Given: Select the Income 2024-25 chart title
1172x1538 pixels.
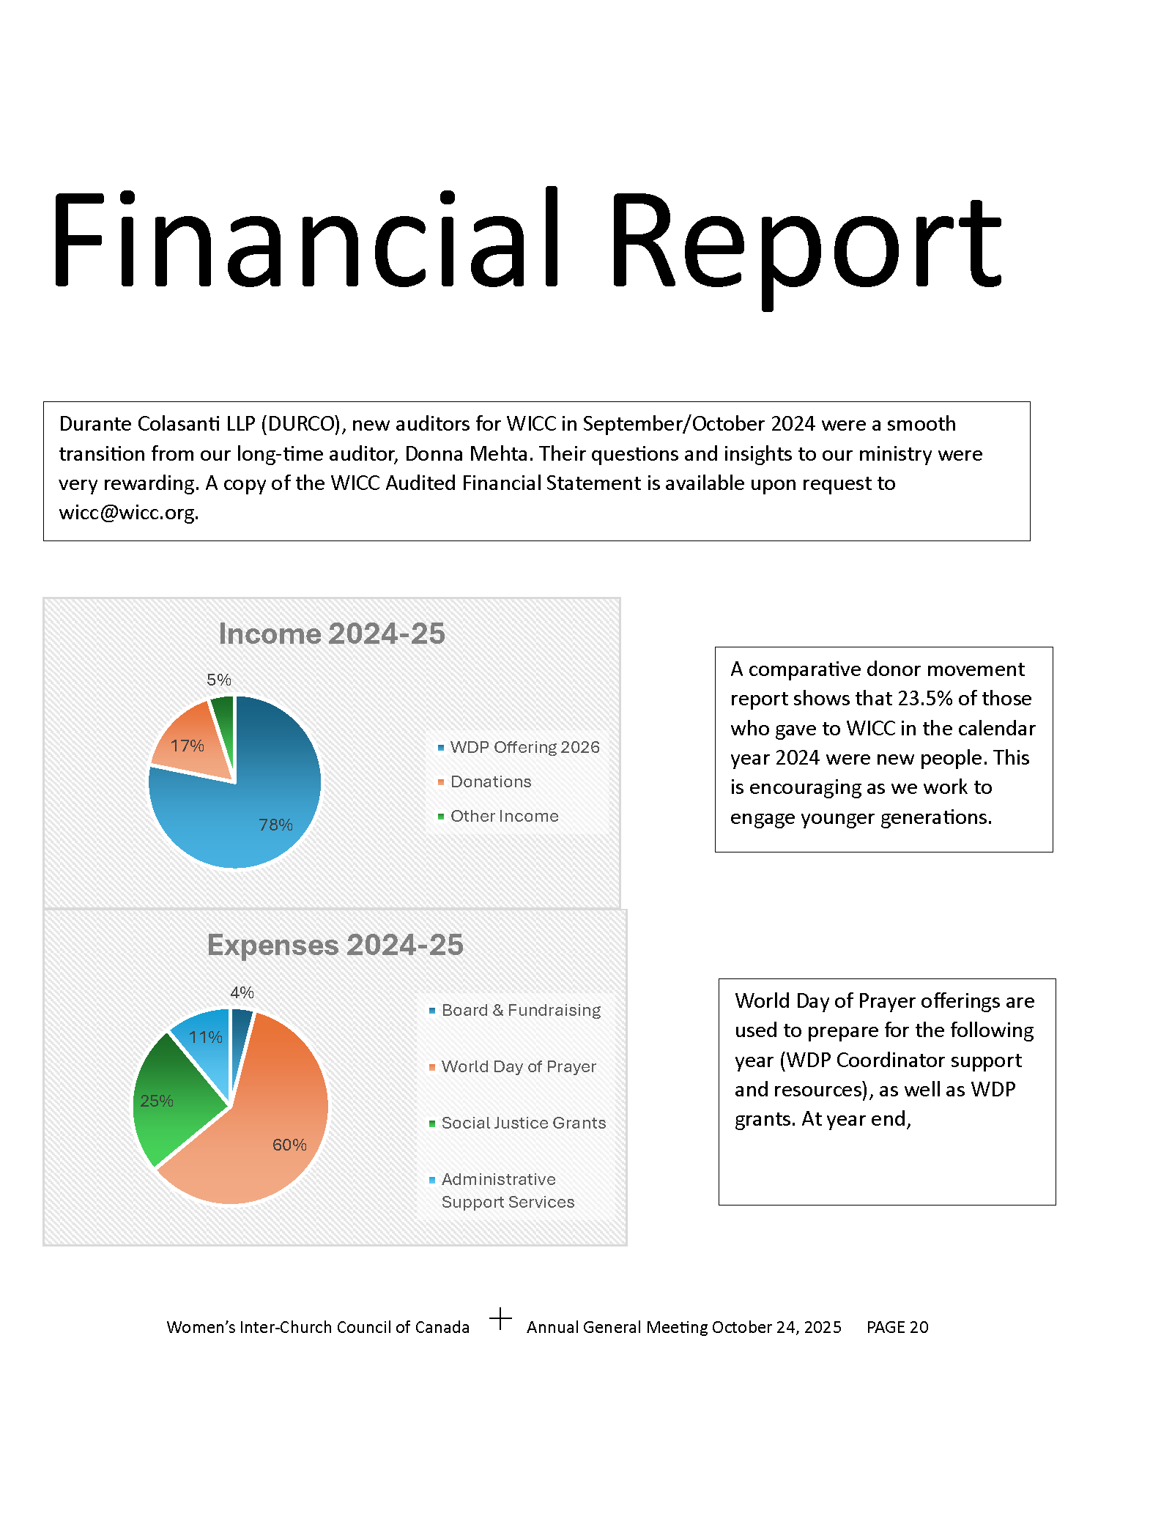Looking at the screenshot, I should (332, 634).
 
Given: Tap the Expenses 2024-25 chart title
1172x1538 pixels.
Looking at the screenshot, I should (335, 946).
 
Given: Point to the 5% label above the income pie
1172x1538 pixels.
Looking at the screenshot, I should (218, 680).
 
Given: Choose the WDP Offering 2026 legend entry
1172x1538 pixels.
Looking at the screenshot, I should (524, 748).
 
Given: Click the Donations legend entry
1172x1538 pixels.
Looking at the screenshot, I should (491, 782).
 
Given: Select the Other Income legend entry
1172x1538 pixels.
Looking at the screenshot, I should (504, 817).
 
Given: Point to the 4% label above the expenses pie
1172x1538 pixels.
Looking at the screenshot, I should (242, 993).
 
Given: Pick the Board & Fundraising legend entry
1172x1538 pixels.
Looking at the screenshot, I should (521, 1011).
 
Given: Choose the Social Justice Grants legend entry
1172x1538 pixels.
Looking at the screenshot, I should (523, 1123).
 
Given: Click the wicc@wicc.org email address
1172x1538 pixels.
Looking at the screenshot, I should (128, 513).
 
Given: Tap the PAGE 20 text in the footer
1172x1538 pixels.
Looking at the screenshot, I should (897, 1328).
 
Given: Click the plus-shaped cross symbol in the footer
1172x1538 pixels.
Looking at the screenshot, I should (500, 1319).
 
